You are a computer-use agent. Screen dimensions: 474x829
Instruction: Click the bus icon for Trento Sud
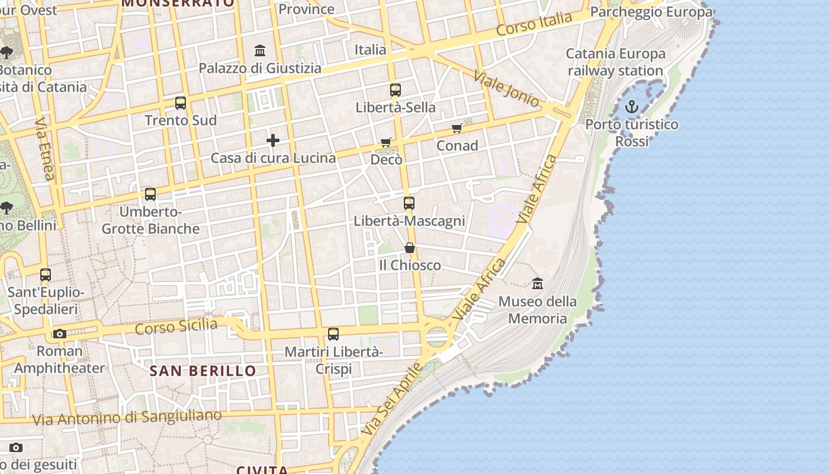[181, 103]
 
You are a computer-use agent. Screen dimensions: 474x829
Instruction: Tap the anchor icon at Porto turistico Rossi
[632, 107]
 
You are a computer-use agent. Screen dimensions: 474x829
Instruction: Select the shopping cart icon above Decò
[386, 142]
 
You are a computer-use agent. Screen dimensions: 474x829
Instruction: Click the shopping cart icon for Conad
[457, 128]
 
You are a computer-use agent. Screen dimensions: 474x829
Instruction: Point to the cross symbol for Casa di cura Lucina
[272, 140]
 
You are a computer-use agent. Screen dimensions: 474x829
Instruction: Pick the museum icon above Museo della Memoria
[537, 284]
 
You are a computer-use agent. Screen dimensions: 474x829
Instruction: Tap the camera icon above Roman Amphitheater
[59, 334]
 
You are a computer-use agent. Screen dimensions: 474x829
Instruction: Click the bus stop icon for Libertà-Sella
[396, 90]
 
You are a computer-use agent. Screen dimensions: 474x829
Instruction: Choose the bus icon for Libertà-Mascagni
[409, 203]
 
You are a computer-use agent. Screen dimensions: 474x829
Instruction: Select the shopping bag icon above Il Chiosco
[409, 248]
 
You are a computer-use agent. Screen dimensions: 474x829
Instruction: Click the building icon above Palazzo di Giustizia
[259, 51]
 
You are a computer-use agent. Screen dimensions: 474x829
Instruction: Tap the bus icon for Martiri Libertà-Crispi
[333, 334]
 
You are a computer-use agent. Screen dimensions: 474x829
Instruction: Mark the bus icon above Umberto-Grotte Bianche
[150, 194]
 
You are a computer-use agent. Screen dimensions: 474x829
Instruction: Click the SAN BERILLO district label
[203, 371]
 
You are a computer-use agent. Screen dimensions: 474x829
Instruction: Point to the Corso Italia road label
[534, 24]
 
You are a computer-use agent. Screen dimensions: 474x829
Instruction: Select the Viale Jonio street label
[506, 88]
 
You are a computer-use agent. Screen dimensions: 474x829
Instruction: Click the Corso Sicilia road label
[176, 326]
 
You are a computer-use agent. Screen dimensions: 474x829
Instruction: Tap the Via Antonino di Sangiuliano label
[127, 417]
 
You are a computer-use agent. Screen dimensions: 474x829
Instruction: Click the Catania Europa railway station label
[616, 62]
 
